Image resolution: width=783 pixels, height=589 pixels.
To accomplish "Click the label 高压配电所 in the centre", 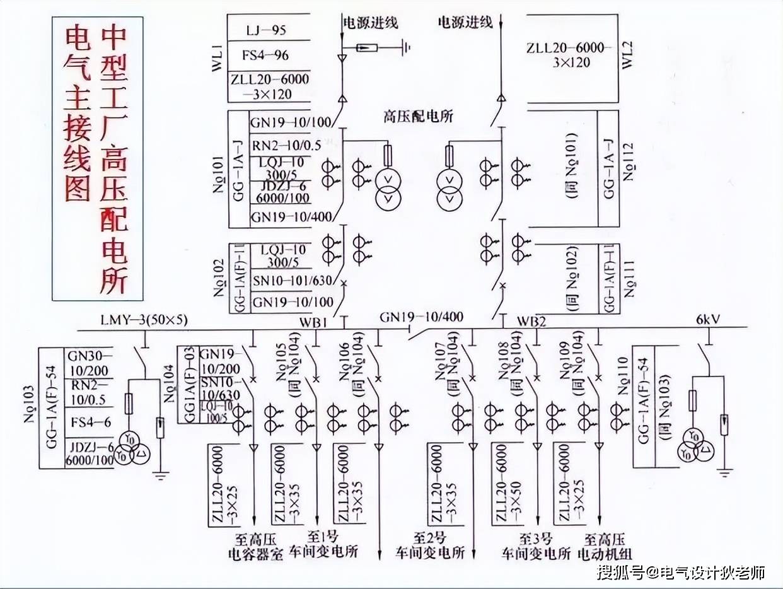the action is pos(419,117).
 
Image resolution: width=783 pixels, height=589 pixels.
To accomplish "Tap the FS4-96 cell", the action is pos(265,55).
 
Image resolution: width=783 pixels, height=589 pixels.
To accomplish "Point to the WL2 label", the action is pos(628,58).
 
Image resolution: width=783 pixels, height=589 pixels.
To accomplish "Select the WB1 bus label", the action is pos(313,322).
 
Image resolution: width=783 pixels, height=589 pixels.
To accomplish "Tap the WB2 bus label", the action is pos(532,322).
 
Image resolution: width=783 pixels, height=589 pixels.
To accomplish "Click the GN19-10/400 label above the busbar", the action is pos(420,317).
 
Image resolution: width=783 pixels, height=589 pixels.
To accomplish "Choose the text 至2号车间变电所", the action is pos(439,546).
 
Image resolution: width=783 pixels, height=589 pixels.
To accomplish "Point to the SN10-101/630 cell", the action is pos(291,281).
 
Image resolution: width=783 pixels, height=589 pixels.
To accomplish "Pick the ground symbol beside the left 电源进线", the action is pos(407,47).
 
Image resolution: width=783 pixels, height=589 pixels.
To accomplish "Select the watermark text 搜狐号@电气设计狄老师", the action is pos(681,573).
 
